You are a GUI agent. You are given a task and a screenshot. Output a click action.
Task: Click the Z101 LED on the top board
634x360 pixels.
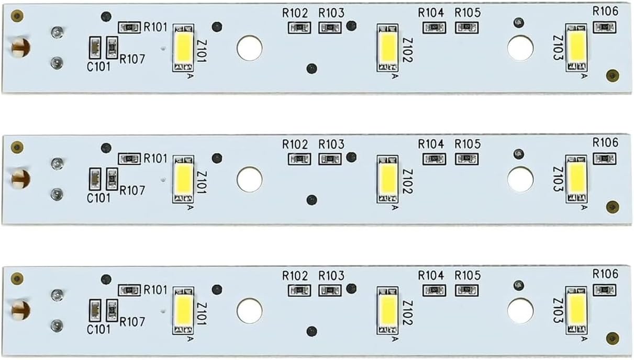click(183, 48)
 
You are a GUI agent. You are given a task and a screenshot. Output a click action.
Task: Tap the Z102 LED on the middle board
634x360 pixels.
click(387, 179)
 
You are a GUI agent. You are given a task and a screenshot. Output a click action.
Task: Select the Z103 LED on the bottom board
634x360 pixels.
click(576, 310)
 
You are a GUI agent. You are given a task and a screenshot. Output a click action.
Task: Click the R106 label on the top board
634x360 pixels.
click(605, 12)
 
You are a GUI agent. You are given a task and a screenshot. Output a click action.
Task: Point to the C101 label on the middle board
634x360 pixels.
click(98, 198)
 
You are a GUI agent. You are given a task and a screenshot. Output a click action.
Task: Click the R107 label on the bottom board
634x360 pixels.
click(132, 322)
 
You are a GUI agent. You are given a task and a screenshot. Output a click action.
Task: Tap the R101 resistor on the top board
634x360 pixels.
click(129, 27)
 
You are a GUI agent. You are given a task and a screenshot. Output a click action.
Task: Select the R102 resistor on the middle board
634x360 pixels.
click(299, 159)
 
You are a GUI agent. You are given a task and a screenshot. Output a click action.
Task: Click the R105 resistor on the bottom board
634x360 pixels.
click(466, 290)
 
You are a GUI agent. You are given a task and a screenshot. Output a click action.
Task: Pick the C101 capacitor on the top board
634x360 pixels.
click(95, 48)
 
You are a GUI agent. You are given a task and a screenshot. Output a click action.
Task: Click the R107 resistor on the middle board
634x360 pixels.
click(112, 179)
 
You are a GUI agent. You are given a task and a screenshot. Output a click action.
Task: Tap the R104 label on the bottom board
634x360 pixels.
click(431, 275)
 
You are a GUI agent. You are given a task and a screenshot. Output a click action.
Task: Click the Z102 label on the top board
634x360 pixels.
click(407, 50)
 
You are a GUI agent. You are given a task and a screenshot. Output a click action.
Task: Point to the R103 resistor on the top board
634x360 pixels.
click(330, 28)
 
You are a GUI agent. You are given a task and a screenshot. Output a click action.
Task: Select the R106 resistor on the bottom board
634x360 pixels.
click(604, 290)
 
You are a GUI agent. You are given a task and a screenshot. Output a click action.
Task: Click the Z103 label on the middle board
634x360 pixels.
click(558, 179)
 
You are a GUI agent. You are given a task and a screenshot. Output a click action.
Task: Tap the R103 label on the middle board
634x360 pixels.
click(331, 144)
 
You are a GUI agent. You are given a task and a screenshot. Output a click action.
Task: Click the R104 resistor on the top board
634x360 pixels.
click(434, 28)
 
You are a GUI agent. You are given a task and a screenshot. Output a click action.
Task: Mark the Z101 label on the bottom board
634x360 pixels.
click(202, 314)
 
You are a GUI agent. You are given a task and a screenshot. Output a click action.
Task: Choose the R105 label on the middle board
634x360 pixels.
click(468, 144)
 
